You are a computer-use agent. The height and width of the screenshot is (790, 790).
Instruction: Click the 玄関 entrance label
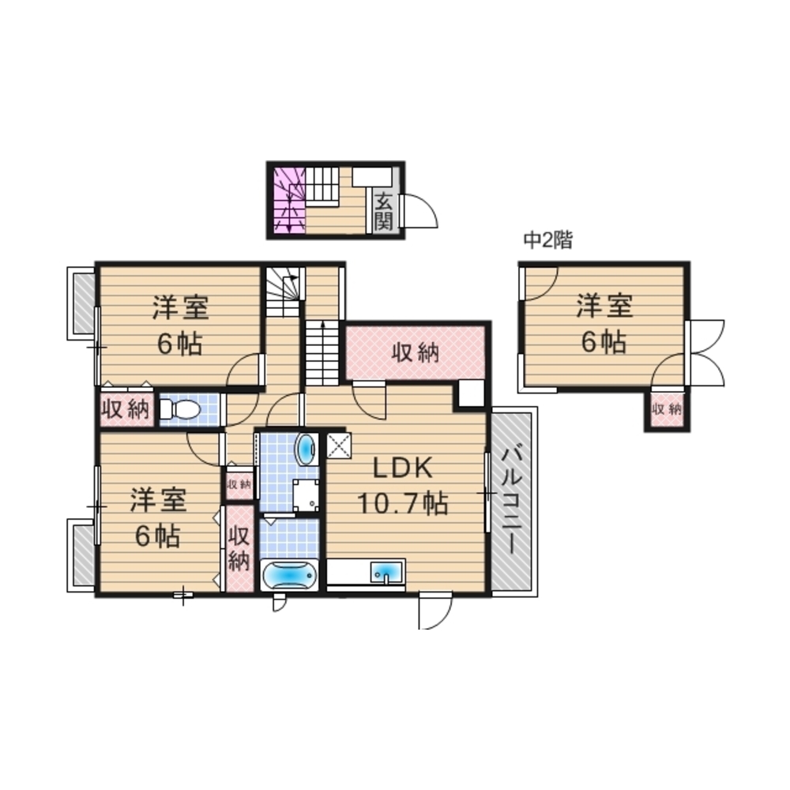tap(384, 212)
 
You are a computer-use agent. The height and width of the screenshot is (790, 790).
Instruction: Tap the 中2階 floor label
tap(548, 240)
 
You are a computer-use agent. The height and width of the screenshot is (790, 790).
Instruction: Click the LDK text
tap(403, 468)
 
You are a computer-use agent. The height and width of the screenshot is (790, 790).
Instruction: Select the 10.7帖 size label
tap(403, 502)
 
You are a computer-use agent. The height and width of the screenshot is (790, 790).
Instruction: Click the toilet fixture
tap(179, 409)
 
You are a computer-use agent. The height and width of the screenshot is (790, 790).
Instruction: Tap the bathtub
tap(288, 575)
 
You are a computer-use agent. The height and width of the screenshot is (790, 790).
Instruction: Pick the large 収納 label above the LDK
tap(416, 352)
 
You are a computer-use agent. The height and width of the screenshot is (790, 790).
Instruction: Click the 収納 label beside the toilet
tap(126, 409)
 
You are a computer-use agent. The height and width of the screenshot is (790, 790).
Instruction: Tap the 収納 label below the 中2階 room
tap(667, 409)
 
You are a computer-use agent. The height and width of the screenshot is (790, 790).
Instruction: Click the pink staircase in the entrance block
tap(289, 201)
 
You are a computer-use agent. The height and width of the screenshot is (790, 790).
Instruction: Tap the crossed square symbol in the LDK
tap(339, 446)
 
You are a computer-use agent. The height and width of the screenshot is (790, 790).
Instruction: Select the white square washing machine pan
tap(306, 494)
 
